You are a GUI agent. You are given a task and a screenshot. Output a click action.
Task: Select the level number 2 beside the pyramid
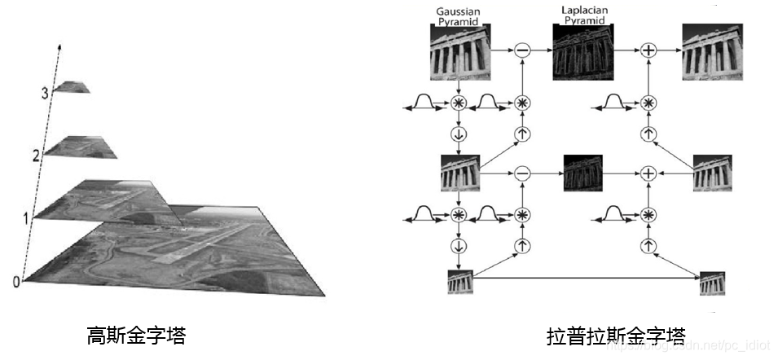tap(37, 154)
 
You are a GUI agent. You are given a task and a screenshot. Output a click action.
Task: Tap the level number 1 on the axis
tap(27, 217)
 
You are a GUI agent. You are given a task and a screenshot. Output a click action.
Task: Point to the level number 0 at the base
tap(15, 281)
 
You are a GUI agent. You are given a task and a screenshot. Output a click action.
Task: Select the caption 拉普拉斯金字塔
tap(616, 335)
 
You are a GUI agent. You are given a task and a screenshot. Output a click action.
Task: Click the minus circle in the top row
tap(523, 50)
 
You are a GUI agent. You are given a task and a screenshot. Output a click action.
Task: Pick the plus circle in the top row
tap(648, 50)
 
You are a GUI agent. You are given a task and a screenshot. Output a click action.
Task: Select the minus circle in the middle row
tap(523, 173)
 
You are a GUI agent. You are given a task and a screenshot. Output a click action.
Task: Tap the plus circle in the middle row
tap(648, 173)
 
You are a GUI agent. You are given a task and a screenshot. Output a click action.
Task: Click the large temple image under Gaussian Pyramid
tap(459, 50)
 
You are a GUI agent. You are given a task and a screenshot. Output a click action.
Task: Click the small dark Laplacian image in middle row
tap(583, 173)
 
